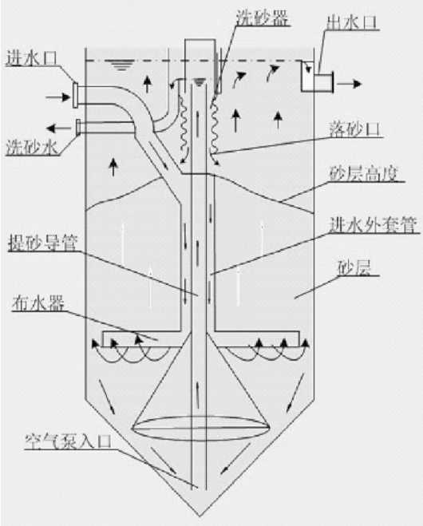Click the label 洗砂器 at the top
coord(262,18)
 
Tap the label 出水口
coord(352,22)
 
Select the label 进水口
coord(32,59)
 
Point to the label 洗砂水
coord(33,148)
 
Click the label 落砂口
coord(355,129)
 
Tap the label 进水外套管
coord(373,225)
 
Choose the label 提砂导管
coord(43,243)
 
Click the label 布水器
coord(38,304)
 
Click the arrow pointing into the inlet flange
coord(58,97)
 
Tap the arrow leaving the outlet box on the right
coord(350,84)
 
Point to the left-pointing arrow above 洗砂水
coord(59,128)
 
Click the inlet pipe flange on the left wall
coord(76,95)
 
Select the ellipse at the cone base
coord(201,428)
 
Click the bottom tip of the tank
coord(200,516)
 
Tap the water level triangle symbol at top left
coord(120,65)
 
